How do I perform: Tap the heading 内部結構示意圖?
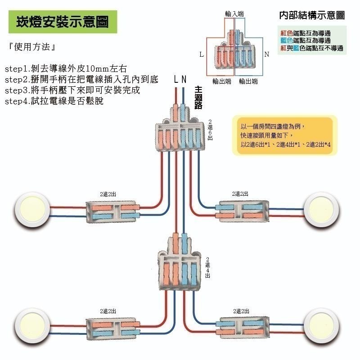click(x=312, y=15)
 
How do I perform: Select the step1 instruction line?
click(x=66, y=69)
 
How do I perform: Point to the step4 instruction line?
click(x=54, y=101)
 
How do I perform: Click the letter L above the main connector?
click(x=176, y=80)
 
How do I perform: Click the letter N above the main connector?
click(x=184, y=80)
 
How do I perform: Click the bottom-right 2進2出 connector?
click(x=243, y=327)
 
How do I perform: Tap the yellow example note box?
click(x=284, y=135)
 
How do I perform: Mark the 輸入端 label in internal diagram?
click(x=234, y=14)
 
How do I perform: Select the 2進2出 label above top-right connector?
click(x=240, y=193)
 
